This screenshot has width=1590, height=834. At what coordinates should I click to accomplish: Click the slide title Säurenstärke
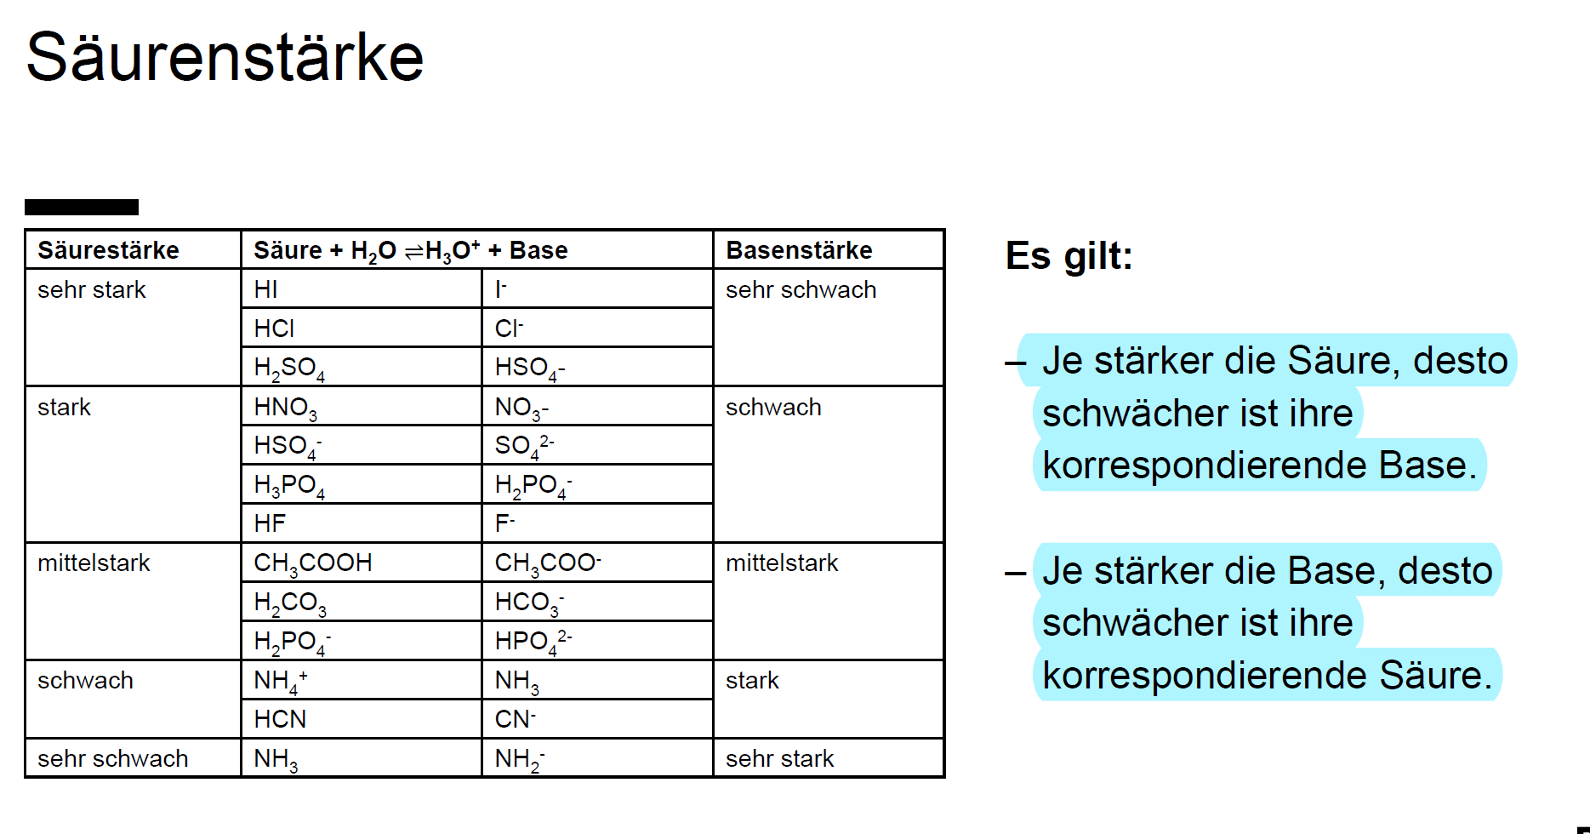[x=225, y=58]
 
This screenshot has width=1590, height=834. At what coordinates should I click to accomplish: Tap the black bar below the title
[x=82, y=207]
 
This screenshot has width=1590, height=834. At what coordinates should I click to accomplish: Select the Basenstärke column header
[x=799, y=250]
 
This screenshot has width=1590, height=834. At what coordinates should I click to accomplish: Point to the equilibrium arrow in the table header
[x=413, y=251]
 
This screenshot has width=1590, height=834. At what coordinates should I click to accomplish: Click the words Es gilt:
[x=1069, y=255]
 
